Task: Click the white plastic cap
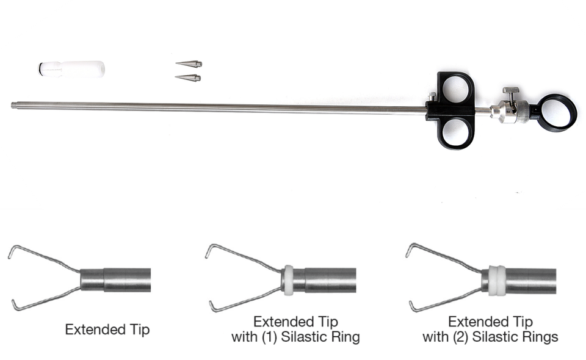[72, 68]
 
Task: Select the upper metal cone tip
[189, 63]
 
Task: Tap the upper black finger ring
[455, 88]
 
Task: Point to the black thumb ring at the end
[557, 112]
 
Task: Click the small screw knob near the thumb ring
[508, 93]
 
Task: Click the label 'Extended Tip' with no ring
[107, 330]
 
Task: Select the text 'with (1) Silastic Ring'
[295, 337]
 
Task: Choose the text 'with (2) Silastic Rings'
[490, 337]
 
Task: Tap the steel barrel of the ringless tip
[122, 280]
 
